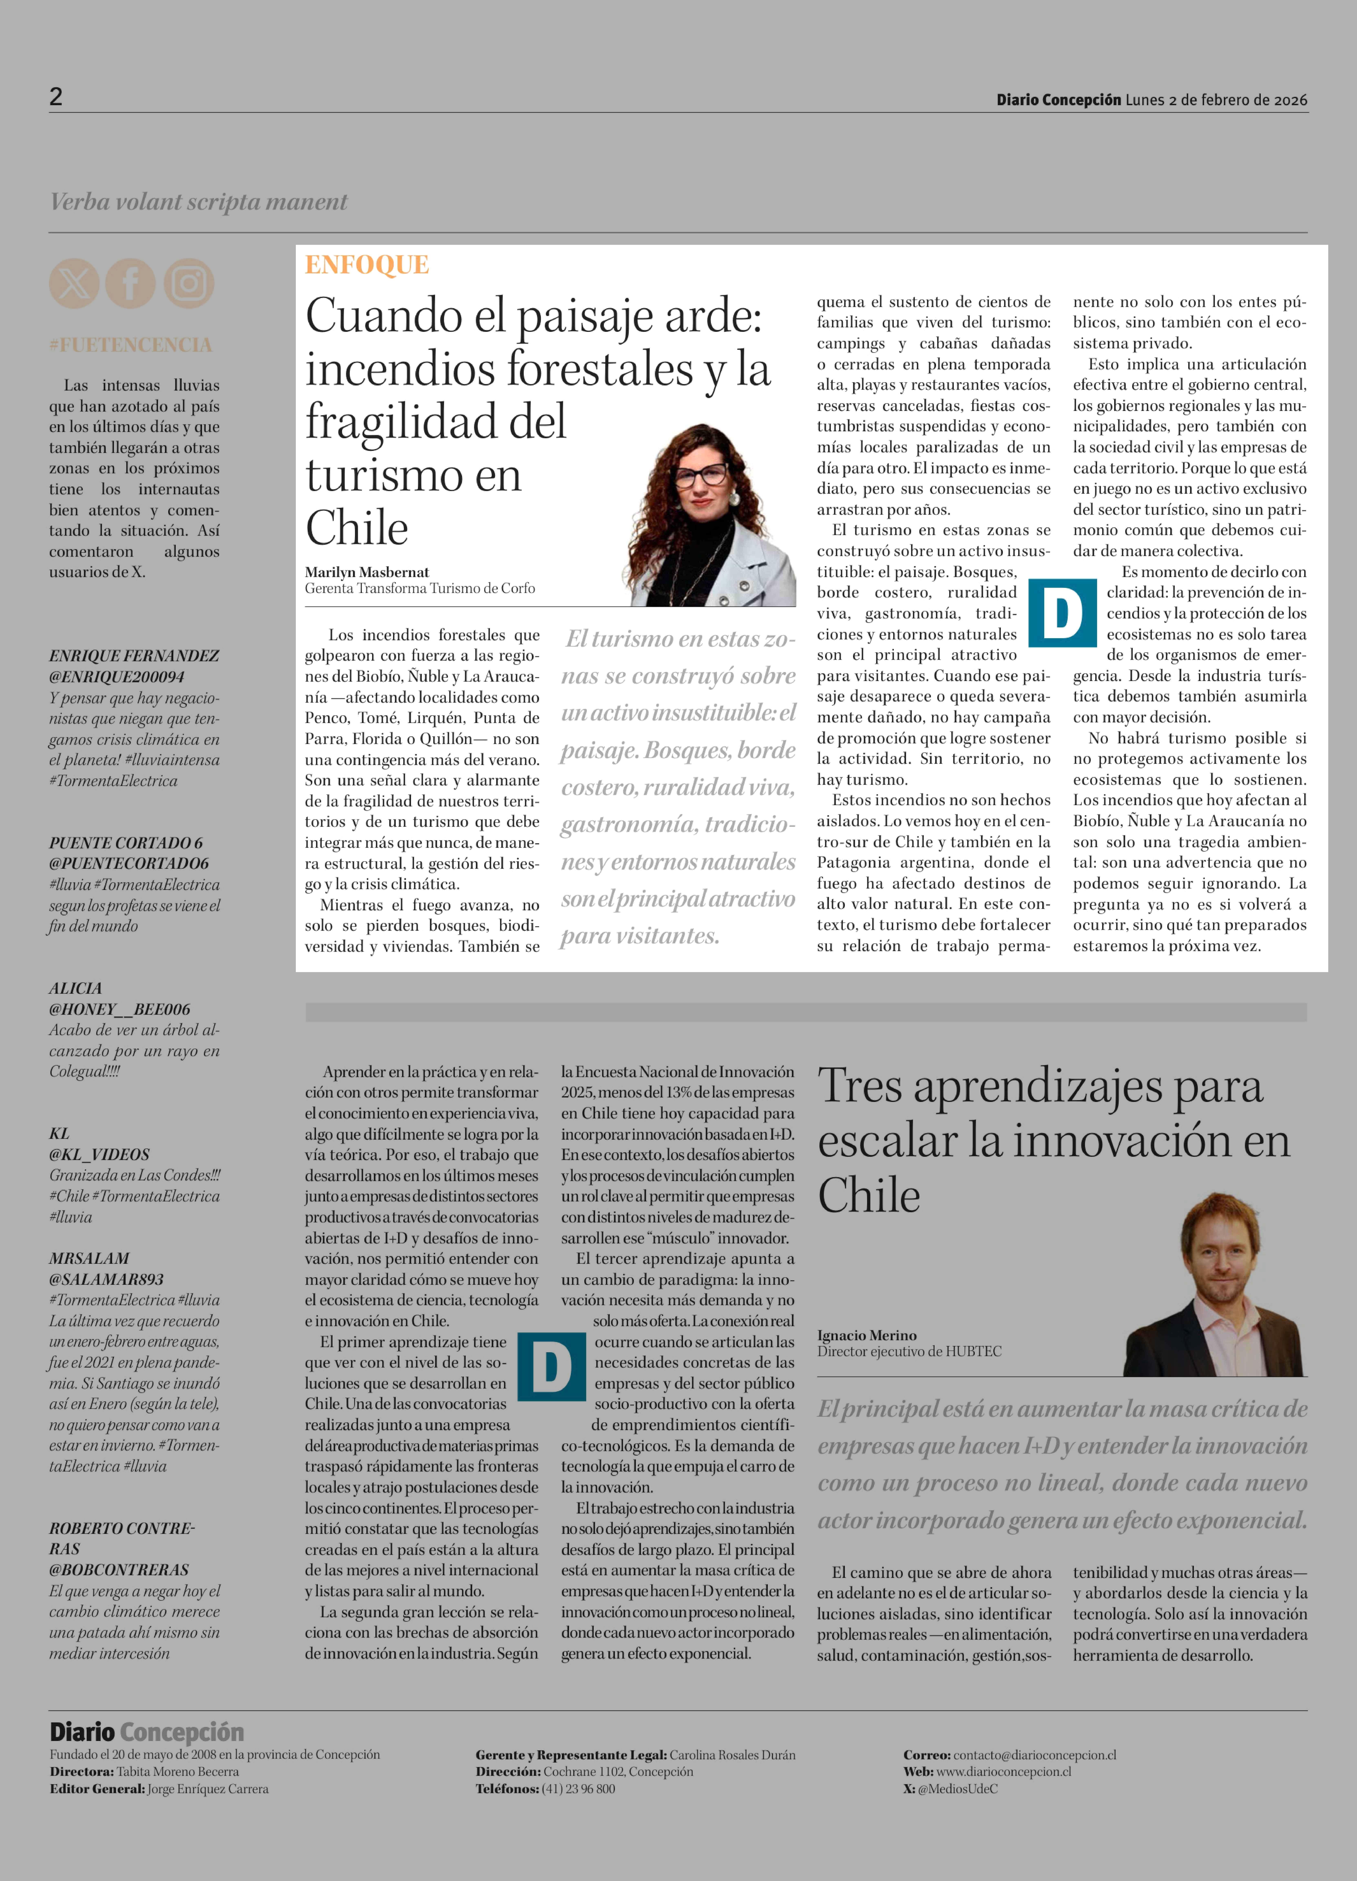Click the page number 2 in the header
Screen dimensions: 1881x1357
[x=56, y=97]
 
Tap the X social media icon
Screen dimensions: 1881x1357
[x=74, y=284]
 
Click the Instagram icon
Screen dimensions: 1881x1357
[x=188, y=284]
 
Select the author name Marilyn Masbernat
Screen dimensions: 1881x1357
[x=367, y=572]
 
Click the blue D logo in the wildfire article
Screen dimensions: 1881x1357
[x=1062, y=614]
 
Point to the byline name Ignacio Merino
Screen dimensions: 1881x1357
[x=867, y=1335]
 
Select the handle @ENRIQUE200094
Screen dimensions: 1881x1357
[x=117, y=677]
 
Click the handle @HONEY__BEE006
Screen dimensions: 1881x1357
[x=119, y=1009]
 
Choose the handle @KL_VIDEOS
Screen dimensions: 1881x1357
[x=99, y=1155]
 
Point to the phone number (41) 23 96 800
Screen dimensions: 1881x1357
[x=578, y=1789]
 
